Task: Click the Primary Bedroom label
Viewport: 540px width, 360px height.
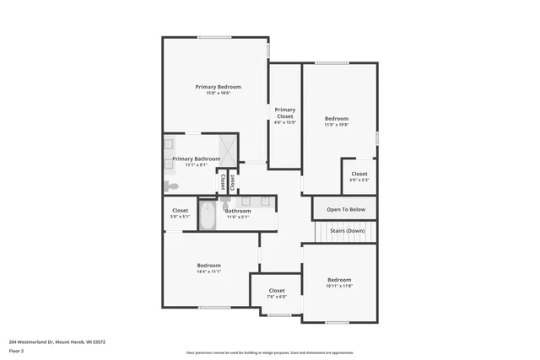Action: point(218,87)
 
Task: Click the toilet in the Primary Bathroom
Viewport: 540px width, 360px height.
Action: point(171,185)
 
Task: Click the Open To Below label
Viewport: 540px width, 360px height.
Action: point(346,209)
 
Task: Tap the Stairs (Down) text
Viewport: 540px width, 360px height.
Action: point(347,230)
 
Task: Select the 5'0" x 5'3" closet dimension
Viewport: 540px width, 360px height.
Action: point(359,180)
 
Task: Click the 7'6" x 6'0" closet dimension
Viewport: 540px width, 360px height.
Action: point(276,297)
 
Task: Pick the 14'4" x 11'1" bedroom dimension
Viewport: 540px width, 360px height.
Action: point(208,272)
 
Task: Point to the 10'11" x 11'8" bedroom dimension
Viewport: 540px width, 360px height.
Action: point(339,286)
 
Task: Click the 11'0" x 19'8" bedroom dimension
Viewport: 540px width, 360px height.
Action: point(337,125)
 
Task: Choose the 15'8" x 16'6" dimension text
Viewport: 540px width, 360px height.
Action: point(218,93)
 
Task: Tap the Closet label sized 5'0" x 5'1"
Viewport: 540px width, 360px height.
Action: point(180,211)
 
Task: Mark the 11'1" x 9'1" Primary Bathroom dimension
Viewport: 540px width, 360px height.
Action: point(197,164)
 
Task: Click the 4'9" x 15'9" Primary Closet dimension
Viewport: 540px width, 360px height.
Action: point(284,123)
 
